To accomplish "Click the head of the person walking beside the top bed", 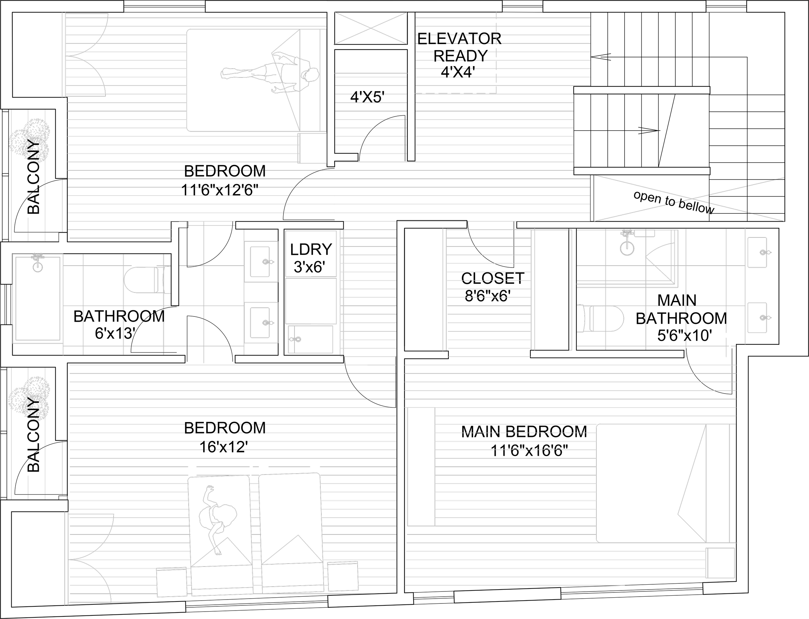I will click(311, 75).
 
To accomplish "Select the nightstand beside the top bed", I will click(312, 148).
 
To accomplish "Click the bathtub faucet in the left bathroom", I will click(37, 256).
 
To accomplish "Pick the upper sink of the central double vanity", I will click(260, 262).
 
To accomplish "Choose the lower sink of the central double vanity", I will click(260, 323).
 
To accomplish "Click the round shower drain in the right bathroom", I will click(627, 248).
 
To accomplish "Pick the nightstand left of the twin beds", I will click(172, 582).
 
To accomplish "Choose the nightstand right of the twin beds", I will click(343, 576).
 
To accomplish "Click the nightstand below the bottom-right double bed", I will click(720, 563).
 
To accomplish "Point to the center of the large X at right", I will click(689, 199).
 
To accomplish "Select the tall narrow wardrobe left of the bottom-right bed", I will click(421, 466).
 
